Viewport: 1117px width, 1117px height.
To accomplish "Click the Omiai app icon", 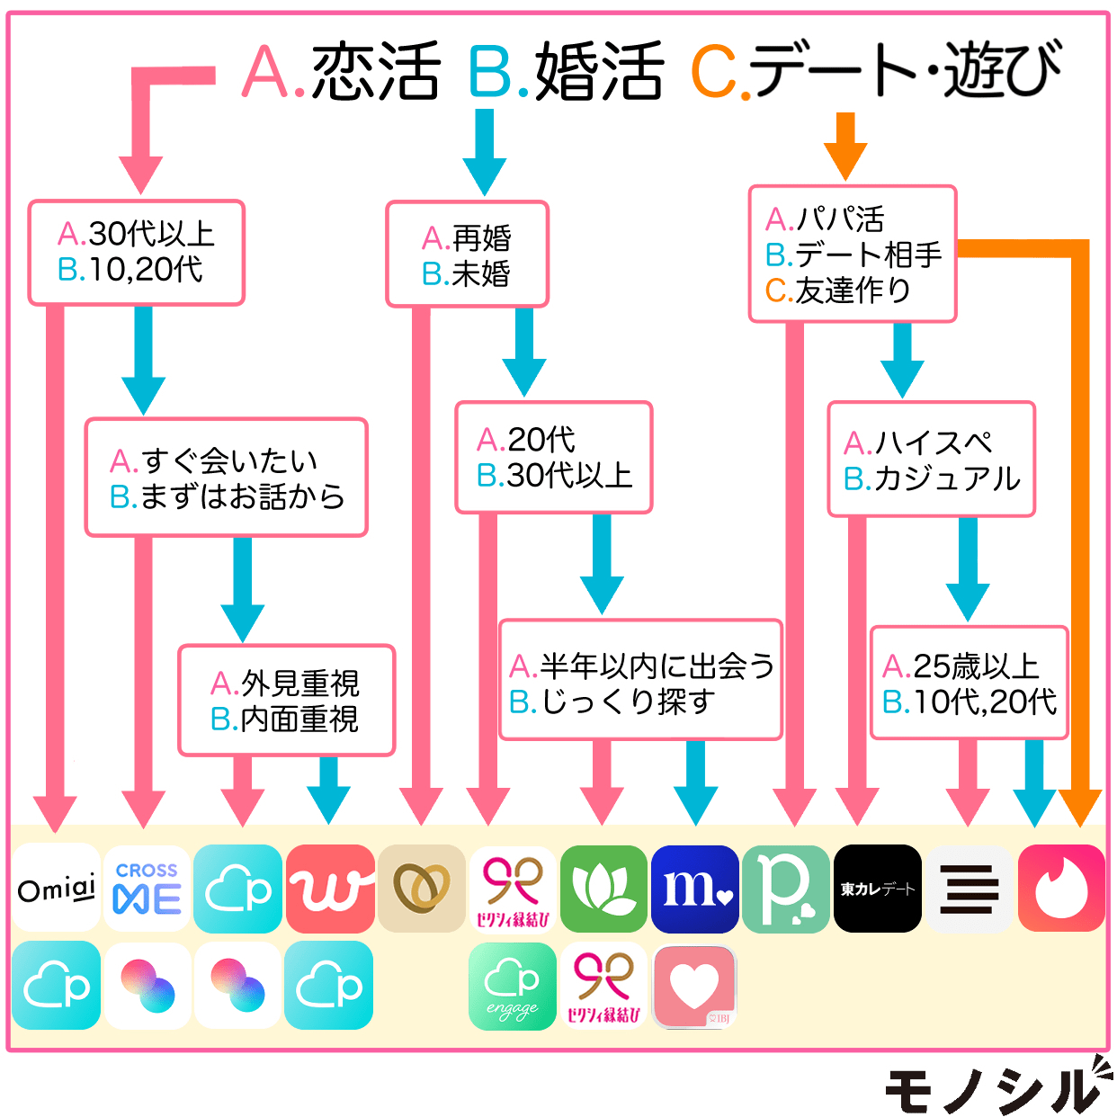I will coord(56,889).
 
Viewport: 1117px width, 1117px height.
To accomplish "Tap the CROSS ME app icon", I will coord(147,889).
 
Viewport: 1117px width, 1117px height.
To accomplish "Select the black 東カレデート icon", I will coord(878,889).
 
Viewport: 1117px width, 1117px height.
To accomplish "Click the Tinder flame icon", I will coord(1061,889).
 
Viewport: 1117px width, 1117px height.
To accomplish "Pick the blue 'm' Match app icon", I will coord(695,889).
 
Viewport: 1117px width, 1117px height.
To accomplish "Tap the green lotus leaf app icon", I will coord(603,889).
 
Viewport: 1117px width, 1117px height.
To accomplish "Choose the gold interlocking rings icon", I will coord(422,889).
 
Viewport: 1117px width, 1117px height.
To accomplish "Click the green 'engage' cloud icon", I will coord(513,986).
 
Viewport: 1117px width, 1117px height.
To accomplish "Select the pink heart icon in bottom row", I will coord(695,986).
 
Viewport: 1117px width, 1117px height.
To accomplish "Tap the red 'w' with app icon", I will coord(330,889).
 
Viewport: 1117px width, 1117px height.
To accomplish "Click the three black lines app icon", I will coord(969,889).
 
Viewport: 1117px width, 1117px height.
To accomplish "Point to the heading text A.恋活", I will coord(342,72).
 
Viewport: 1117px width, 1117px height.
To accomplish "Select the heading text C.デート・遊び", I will coord(877,72).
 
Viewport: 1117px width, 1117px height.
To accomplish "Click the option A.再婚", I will coord(467,238).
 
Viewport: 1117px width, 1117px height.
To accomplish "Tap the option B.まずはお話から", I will coord(228,496).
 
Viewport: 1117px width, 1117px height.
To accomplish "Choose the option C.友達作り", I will coord(838,290).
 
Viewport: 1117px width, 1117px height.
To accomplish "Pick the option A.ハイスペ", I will coord(918,442).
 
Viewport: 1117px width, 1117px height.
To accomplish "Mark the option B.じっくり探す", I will coord(612,701).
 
